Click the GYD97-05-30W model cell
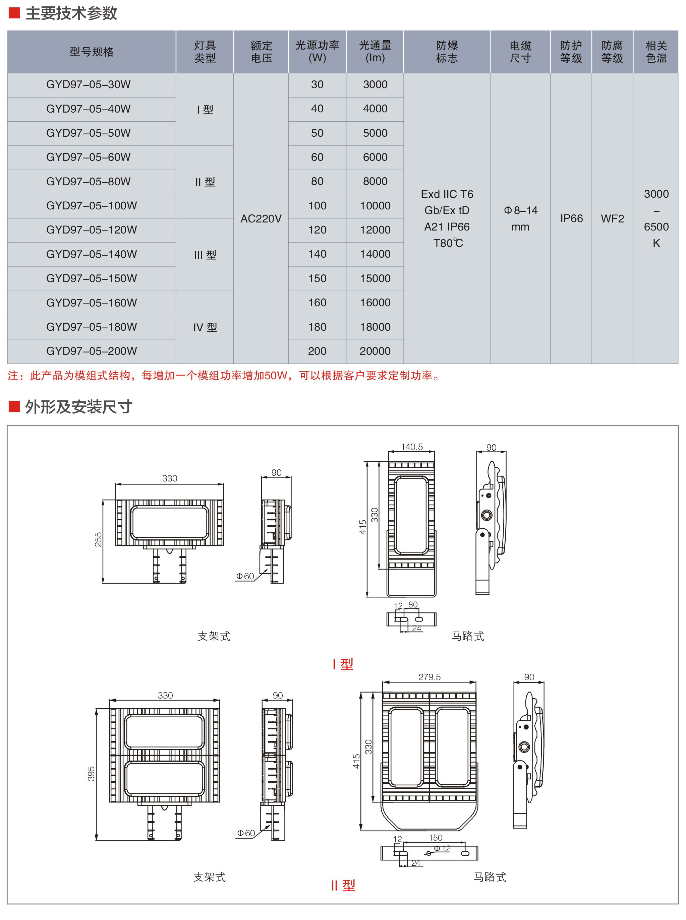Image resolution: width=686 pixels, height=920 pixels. click(x=89, y=85)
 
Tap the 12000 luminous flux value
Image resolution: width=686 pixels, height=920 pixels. click(x=375, y=230)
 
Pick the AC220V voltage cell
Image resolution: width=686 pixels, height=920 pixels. click(x=261, y=219)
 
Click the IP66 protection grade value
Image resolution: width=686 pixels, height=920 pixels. click(x=571, y=219)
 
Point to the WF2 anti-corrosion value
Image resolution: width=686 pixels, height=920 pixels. click(x=613, y=219)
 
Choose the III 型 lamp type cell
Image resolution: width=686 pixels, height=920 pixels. click(x=205, y=255)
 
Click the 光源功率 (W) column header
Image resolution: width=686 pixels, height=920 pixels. click(x=317, y=52)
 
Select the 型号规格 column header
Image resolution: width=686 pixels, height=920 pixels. click(x=92, y=52)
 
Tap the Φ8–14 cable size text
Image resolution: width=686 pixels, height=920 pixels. click(x=521, y=210)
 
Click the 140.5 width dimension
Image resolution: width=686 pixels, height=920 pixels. click(x=411, y=447)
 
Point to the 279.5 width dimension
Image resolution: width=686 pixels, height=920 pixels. click(x=430, y=677)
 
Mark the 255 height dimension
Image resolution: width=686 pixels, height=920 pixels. click(x=98, y=539)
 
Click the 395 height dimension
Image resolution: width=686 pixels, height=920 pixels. click(x=91, y=774)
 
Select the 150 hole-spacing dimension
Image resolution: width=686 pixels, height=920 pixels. click(x=436, y=838)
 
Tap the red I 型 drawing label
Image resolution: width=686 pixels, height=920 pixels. click(x=343, y=664)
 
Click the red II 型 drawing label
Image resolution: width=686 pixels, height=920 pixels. click(x=343, y=885)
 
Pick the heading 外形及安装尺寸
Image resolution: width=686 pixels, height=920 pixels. click(x=79, y=407)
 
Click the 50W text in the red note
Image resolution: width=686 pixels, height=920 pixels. click(x=276, y=376)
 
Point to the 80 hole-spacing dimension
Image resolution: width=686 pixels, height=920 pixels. click(x=413, y=605)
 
